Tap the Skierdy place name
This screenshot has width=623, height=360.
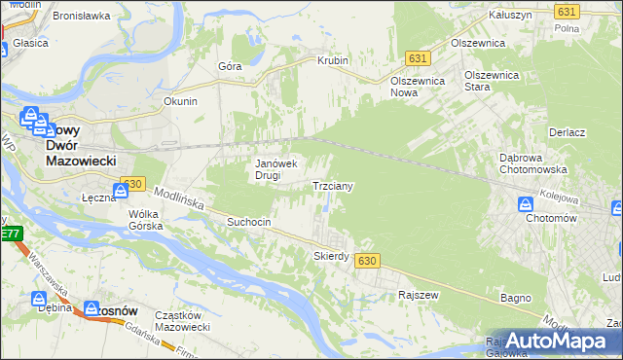331,257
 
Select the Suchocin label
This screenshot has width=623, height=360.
248,222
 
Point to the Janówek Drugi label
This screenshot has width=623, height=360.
275,169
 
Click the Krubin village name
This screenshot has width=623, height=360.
333,60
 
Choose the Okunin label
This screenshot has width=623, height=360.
181,101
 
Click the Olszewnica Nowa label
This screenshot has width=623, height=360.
418,86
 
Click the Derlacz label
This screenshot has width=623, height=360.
566,132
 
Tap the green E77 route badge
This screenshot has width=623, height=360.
10,234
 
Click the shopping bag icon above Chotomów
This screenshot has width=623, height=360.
525,205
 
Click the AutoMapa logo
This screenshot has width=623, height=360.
554,341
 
